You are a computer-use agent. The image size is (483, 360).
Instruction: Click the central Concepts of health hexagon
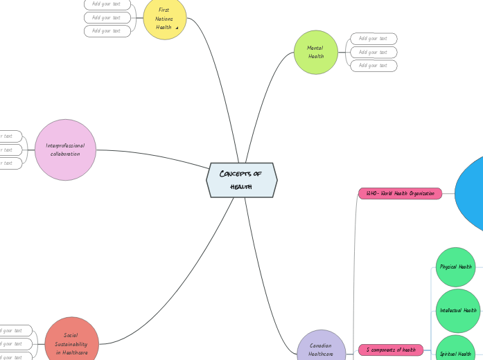tap(241, 180)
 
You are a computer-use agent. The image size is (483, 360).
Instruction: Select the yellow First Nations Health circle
tap(165, 19)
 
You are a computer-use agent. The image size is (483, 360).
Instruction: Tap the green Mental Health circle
tap(315, 52)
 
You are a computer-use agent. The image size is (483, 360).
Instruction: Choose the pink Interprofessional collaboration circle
tap(65, 150)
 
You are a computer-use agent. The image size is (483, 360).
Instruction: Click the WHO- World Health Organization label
tap(400, 193)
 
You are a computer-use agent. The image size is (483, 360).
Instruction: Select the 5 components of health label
tap(390, 350)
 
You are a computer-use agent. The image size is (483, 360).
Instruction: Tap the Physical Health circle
tap(455, 267)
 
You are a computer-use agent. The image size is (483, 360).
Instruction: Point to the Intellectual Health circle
tap(458, 310)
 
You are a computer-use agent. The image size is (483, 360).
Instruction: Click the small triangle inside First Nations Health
tap(177, 28)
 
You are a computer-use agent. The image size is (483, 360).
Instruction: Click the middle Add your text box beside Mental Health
tap(374, 52)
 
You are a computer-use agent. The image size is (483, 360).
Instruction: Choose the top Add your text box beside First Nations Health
tap(107, 3)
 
